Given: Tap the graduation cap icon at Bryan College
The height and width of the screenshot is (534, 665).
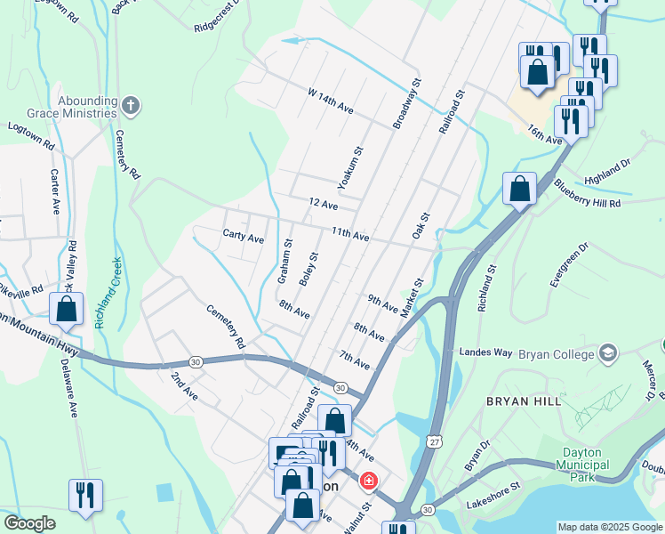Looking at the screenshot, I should click(x=608, y=353).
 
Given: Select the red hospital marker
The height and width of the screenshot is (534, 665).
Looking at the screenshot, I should click(x=367, y=481).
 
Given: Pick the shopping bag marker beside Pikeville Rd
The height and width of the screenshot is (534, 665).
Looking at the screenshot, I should click(x=66, y=310).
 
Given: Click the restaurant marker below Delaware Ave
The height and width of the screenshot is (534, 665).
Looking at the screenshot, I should click(x=85, y=496).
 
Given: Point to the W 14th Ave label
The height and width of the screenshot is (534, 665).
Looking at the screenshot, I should click(x=331, y=100).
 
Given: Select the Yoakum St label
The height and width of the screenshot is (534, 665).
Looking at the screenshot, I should click(x=348, y=167).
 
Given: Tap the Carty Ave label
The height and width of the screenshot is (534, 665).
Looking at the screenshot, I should click(x=244, y=238).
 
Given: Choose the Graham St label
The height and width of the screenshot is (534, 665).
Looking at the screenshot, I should click(x=284, y=262).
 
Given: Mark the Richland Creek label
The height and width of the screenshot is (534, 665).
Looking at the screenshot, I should click(x=110, y=294).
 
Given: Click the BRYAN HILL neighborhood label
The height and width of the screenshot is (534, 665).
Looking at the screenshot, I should click(x=524, y=401).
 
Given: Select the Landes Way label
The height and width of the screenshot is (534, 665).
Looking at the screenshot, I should click(x=485, y=352).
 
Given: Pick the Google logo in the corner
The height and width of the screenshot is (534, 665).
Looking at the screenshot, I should click(x=30, y=522).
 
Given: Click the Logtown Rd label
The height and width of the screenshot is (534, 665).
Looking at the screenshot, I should click(x=31, y=135).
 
